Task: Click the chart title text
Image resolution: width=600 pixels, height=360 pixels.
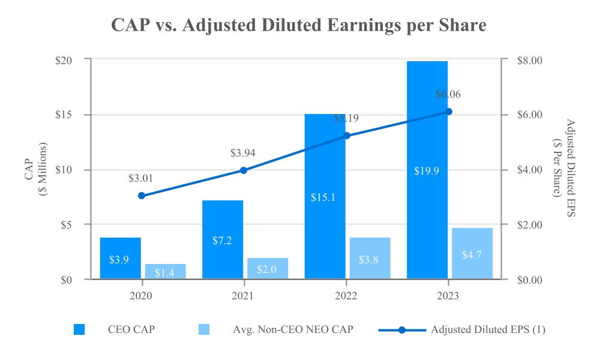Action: click(299, 26)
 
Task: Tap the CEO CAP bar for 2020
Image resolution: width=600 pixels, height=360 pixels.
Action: click(120, 258)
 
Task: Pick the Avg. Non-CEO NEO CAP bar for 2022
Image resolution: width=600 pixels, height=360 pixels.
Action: click(370, 258)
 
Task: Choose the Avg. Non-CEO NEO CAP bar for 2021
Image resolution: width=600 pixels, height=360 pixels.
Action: click(267, 268)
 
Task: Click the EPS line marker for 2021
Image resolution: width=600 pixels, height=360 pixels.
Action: click(244, 170)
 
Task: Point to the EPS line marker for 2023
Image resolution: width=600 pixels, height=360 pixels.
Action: click(448, 112)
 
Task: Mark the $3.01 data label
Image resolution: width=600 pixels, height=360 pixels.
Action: click(141, 178)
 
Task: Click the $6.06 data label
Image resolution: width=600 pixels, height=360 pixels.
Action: click(448, 94)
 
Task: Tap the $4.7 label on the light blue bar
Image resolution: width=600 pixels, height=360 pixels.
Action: click(472, 254)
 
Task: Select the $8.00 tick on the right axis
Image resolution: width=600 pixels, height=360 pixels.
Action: click(529, 60)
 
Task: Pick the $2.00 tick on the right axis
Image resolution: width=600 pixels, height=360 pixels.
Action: click(529, 225)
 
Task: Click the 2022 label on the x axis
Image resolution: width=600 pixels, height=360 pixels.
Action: click(346, 296)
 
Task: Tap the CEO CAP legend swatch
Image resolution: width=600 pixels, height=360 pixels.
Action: click(79, 329)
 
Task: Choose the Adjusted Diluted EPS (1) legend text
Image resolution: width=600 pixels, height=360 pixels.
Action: click(488, 329)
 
